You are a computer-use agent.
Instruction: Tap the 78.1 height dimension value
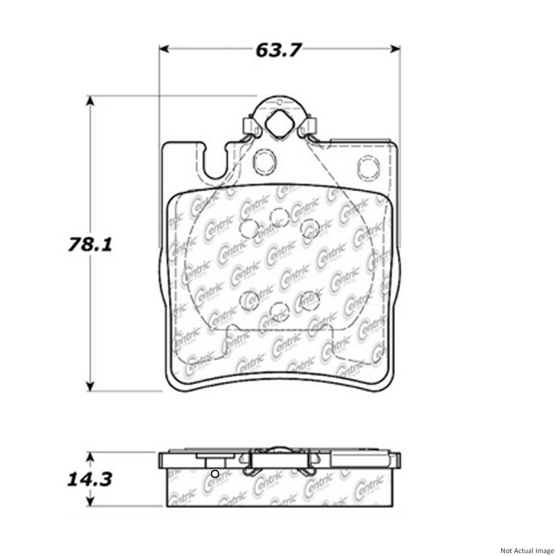point(90,244)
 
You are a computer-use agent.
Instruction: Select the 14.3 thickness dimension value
point(89,479)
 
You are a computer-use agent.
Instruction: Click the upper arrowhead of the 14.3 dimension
point(90,457)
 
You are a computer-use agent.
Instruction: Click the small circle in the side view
point(215,473)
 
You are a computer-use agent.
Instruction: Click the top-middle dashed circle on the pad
point(278,217)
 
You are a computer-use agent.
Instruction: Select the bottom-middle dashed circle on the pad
point(278,310)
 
